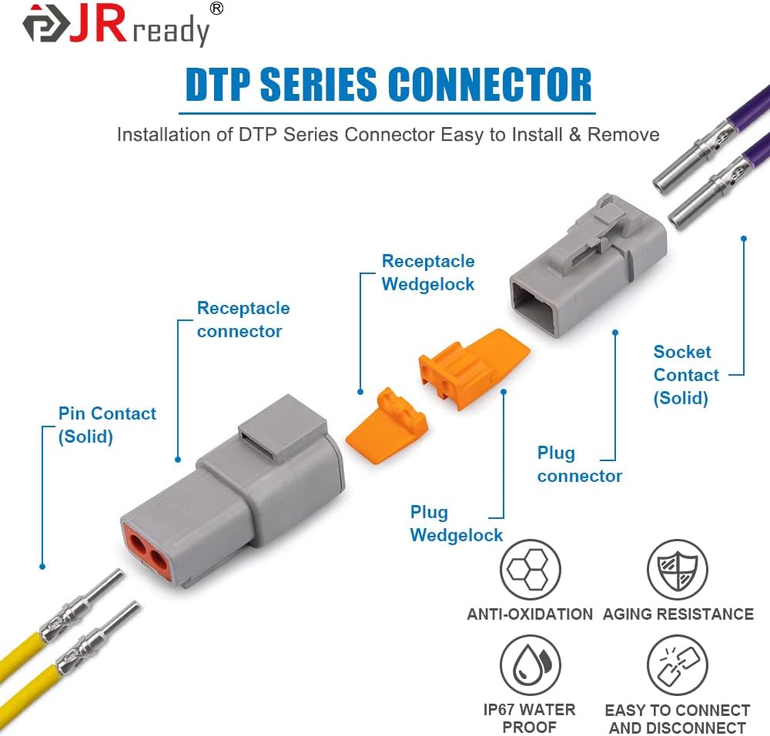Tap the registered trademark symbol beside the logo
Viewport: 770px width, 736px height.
216,8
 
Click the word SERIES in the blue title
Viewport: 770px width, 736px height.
320,85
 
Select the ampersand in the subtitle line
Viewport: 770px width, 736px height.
574,135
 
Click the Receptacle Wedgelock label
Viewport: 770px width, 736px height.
427,273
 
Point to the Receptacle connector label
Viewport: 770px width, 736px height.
243,319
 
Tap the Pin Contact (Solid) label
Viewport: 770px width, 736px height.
107,425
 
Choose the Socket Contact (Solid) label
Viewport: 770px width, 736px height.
686,375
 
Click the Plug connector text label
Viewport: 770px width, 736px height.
580,464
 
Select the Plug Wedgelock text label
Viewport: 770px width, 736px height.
456,524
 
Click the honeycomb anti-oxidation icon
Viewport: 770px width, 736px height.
530,569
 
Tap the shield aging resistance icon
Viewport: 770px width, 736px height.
677,569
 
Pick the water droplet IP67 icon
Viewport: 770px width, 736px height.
530,665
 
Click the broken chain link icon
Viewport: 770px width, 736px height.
677,665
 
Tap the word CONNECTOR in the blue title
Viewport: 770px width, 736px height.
490,85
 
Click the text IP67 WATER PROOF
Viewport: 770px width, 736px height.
530,718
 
